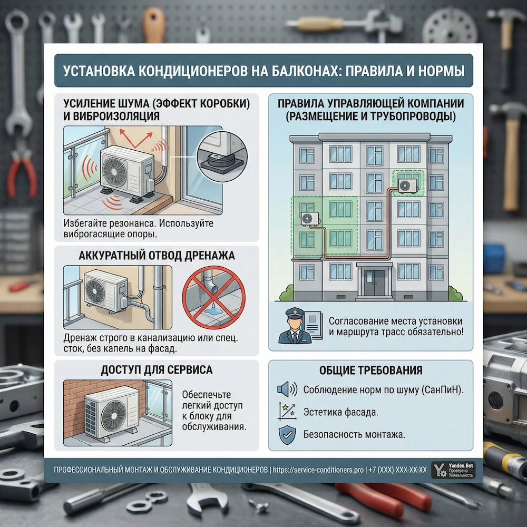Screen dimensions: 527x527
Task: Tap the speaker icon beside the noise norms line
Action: pos(287,389)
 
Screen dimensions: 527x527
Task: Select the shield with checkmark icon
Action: pos(287,435)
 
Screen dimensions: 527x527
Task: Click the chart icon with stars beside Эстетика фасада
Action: pos(287,412)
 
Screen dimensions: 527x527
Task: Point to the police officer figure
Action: pos(292,326)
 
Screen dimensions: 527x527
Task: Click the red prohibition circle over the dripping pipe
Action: pos(214,297)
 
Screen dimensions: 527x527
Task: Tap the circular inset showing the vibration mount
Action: pos(222,157)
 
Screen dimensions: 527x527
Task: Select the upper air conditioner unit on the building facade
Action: pos(408,186)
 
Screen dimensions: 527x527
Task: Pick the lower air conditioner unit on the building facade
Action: pos(310,219)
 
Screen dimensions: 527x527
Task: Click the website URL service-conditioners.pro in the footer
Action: pos(318,470)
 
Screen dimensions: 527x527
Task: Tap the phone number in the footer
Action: pos(397,470)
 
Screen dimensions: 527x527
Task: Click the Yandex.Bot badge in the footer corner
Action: pos(453,470)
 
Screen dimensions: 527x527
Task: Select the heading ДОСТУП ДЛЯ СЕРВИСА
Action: pos(157,370)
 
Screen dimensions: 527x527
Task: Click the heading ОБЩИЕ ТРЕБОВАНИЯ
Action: pos(370,370)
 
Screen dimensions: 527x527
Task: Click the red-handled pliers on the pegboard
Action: pos(22,175)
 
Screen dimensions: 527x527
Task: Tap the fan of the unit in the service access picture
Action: pos(114,416)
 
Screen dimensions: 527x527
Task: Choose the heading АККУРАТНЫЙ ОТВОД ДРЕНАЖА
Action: pos(157,256)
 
